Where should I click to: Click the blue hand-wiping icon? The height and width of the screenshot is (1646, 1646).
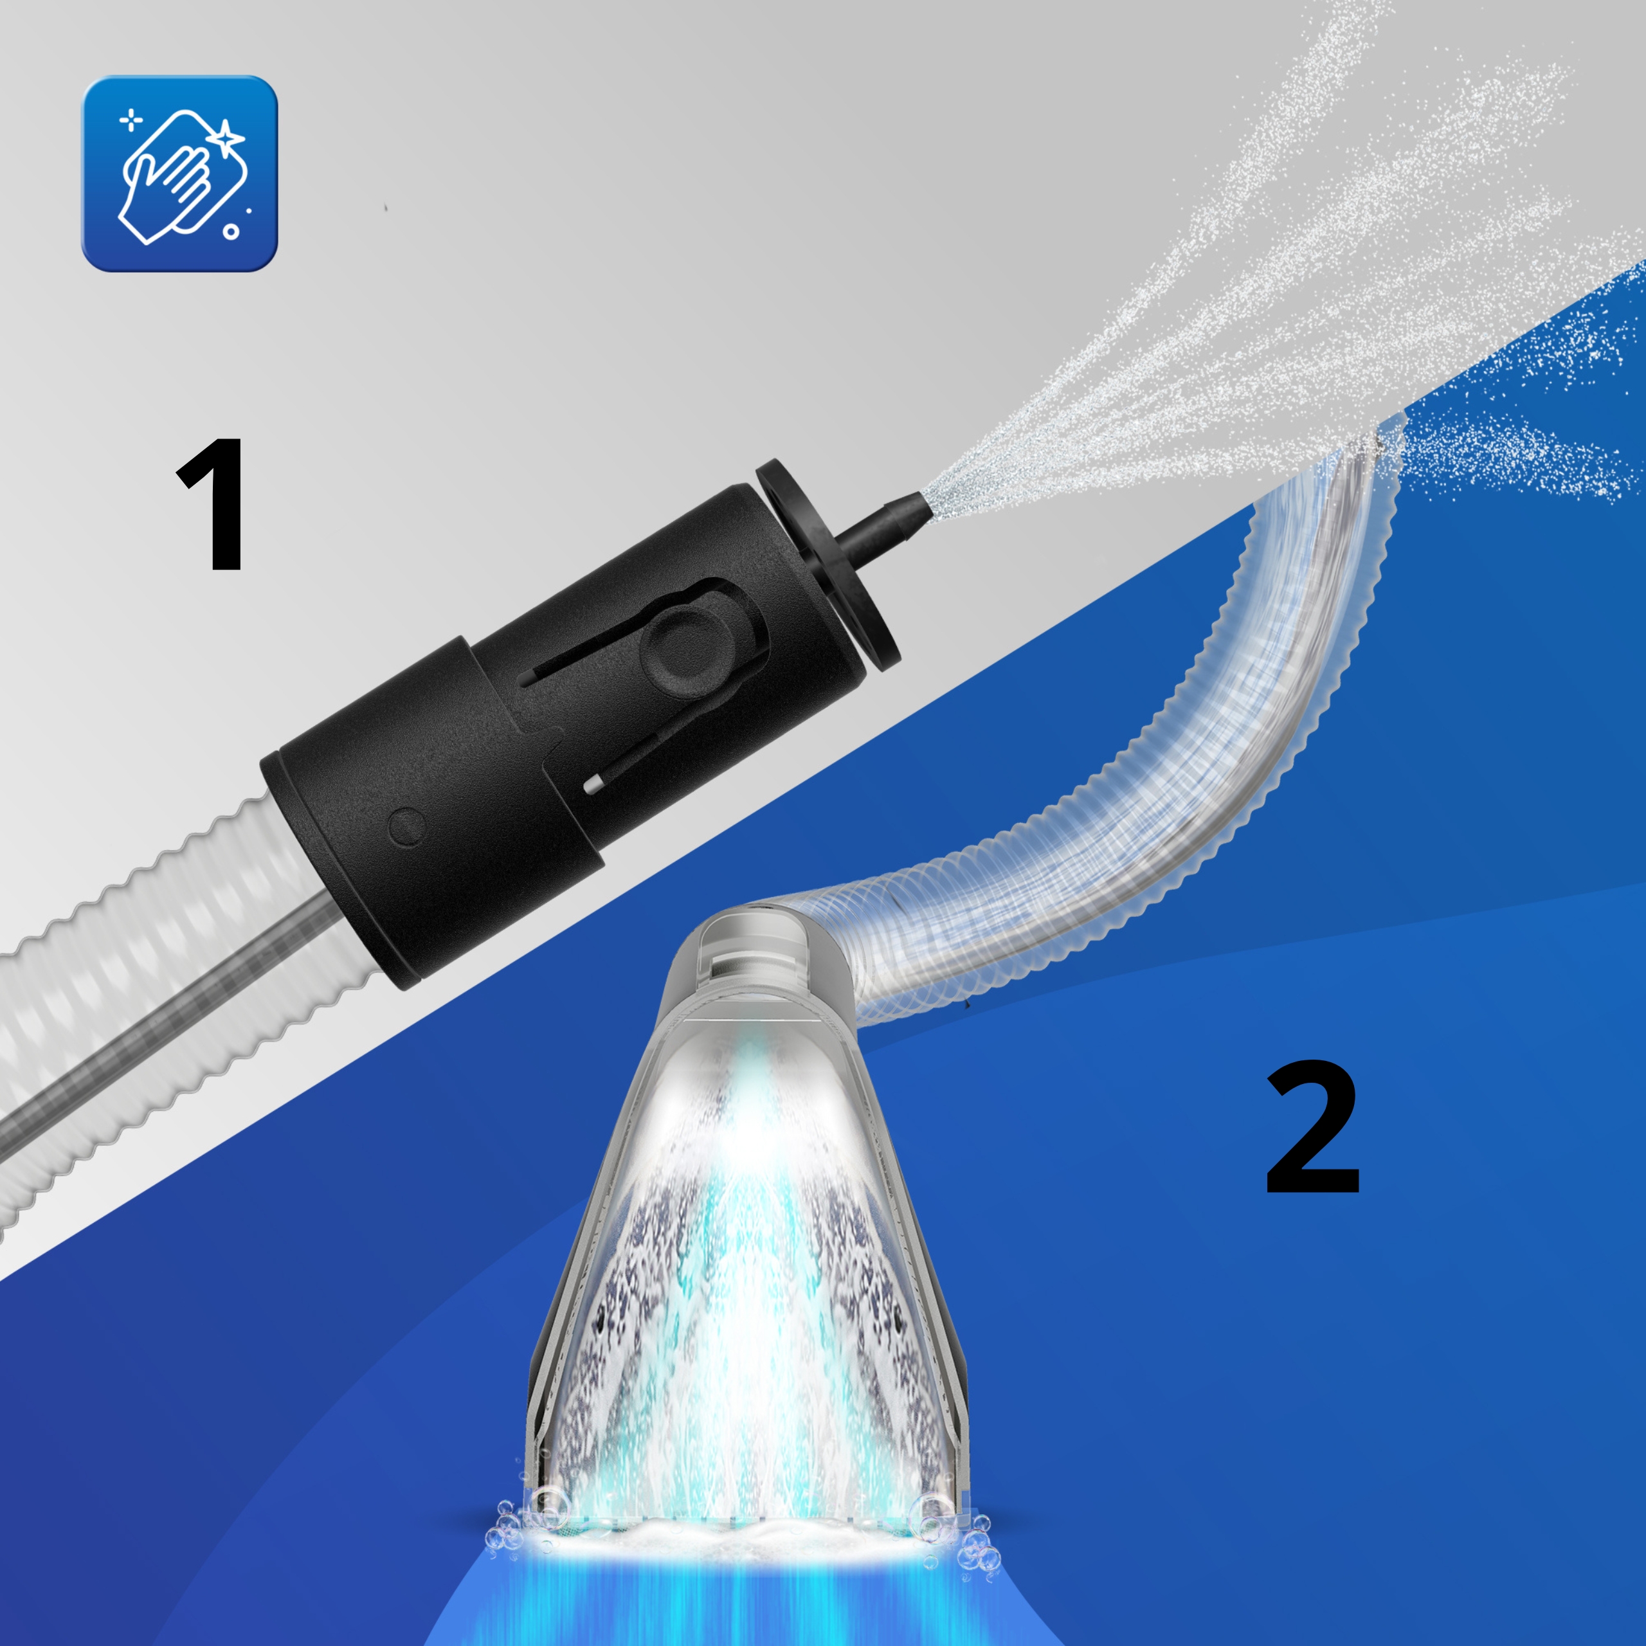tap(179, 174)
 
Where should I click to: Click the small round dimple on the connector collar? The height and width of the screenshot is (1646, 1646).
tap(406, 826)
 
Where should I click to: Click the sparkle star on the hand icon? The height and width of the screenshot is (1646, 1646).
tap(226, 136)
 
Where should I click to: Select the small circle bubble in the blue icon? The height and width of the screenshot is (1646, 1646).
tap(230, 231)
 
